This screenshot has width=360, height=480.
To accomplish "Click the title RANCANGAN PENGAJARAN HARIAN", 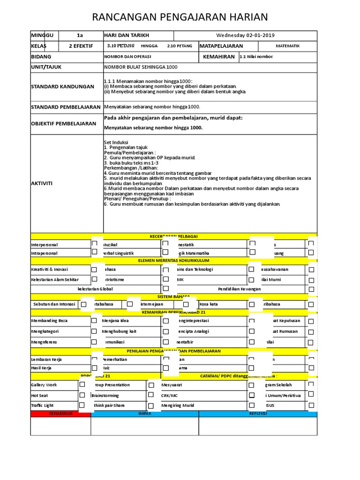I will coord(180,17).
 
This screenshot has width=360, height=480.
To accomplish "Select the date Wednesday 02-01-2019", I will coord(245,36).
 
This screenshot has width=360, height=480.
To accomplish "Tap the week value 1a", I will coord(79,36).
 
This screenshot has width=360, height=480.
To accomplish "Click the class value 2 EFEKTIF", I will coord(81,46).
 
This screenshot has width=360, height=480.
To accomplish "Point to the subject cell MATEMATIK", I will coord(287,46).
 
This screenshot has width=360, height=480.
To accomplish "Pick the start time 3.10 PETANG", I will coord(120,46).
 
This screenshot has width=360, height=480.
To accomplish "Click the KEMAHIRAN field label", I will coord(218,57).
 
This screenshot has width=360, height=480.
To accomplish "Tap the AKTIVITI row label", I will coord(42,184).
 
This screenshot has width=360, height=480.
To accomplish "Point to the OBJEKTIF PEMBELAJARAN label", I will coord(57,124).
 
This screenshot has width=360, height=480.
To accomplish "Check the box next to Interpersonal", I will coord(94,244).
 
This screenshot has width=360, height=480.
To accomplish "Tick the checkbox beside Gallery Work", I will coord(82,384).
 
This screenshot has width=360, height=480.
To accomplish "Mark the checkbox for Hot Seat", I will coord(82,395).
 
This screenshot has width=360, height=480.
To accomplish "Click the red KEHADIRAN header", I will coord(60,414).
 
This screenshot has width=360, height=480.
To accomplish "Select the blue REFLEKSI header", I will coord(258,414).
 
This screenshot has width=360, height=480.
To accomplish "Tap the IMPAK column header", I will coord(144,414).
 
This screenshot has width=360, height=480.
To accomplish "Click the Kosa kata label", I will coord(209,304).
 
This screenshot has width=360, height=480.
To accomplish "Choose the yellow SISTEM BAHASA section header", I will coord(173,297).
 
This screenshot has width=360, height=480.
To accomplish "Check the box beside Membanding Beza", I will coord(94,321).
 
